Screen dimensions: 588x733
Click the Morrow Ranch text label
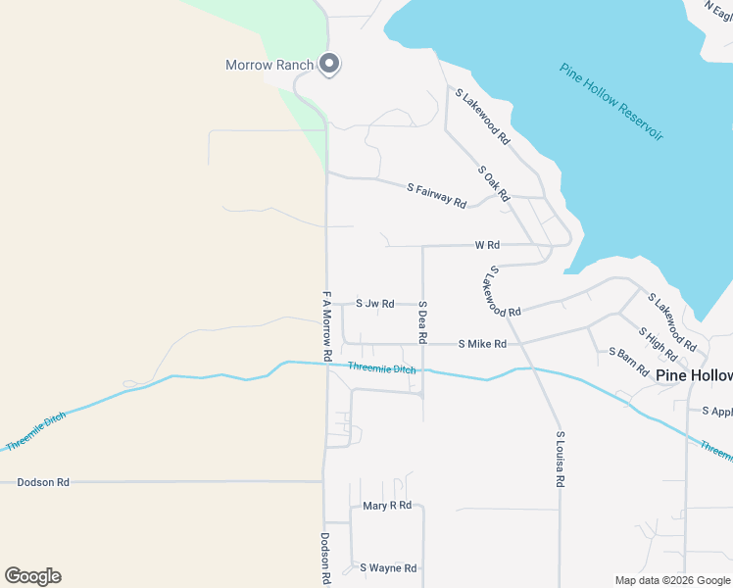pyautogui.click(x=269, y=66)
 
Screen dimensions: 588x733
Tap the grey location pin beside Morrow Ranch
pyautogui.click(x=330, y=65)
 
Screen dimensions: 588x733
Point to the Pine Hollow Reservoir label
pyautogui.click(x=611, y=101)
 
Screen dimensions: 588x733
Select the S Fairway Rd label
pyautogui.click(x=436, y=193)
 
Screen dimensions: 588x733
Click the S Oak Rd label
pyautogui.click(x=494, y=183)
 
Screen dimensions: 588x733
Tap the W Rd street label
pyautogui.click(x=487, y=244)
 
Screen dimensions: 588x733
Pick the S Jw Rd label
pyautogui.click(x=374, y=304)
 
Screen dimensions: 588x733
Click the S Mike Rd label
pyautogui.click(x=482, y=344)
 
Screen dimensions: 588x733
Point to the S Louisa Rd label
pyautogui.click(x=561, y=459)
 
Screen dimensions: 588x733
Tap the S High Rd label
pyautogui.click(x=658, y=345)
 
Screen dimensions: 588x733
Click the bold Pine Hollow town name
pyautogui.click(x=694, y=375)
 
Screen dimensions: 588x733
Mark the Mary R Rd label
pyautogui.click(x=387, y=506)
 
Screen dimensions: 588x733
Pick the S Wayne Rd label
pyautogui.click(x=388, y=567)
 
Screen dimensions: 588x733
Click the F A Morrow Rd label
pyautogui.click(x=327, y=322)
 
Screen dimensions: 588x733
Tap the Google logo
pyautogui.click(x=32, y=576)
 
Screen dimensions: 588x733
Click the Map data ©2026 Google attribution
pyautogui.click(x=672, y=580)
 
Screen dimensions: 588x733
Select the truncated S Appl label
pyautogui.click(x=717, y=412)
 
